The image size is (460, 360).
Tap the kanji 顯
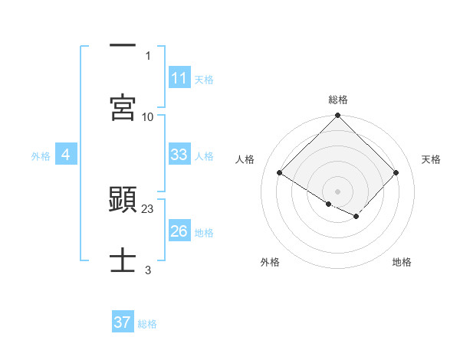pyautogui.click(x=123, y=199)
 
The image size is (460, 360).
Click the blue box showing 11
pyautogui.click(x=179, y=78)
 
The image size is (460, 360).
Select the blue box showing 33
pyautogui.click(x=179, y=155)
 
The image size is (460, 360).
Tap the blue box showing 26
pyautogui.click(x=179, y=231)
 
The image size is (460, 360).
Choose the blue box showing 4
pyautogui.click(x=66, y=155)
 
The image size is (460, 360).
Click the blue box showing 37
pyautogui.click(x=123, y=322)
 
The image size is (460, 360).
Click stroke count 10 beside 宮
pyautogui.click(x=148, y=116)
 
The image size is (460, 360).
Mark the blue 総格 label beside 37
pyautogui.click(x=147, y=324)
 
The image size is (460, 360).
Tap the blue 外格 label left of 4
pyautogui.click(x=41, y=155)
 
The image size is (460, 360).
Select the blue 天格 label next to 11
pyautogui.click(x=204, y=79)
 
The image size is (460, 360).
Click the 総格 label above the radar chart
pyautogui.click(x=338, y=100)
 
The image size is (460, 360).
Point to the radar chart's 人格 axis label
pyautogui.click(x=245, y=159)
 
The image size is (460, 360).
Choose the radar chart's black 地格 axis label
pyautogui.click(x=402, y=262)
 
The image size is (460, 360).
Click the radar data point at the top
pyautogui.click(x=338, y=116)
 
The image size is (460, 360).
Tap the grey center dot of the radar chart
pyautogui.click(x=338, y=191)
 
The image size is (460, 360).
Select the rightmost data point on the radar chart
pyautogui.click(x=396, y=172)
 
